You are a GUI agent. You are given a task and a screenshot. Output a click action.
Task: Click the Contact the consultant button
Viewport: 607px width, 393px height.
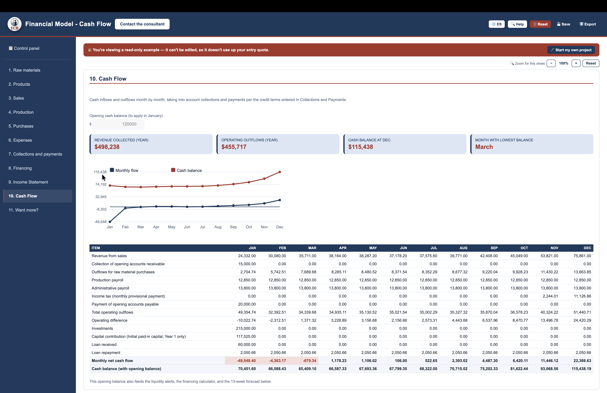tap(142, 24)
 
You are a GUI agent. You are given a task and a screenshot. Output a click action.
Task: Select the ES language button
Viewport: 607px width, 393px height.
tap(497, 24)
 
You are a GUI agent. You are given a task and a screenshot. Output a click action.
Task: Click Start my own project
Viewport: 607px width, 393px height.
tap(571, 50)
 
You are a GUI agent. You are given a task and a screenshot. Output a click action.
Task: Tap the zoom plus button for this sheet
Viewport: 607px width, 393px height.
tap(576, 63)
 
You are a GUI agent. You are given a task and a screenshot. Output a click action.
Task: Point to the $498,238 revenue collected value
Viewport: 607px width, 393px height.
tap(107, 147)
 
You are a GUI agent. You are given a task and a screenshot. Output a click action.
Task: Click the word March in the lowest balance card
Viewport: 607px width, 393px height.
tap(484, 147)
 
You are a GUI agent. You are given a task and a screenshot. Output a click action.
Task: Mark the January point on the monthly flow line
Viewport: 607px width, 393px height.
tap(110, 222)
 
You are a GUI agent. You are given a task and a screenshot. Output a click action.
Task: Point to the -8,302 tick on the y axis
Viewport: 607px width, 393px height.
tap(101, 209)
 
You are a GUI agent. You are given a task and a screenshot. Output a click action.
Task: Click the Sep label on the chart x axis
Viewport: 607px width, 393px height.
tap(233, 227)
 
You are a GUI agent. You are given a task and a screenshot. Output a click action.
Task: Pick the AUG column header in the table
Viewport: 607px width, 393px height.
tap(463, 248)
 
